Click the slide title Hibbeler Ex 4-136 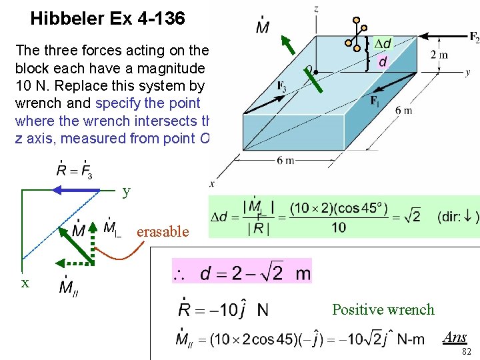pyautogui.click(x=107, y=19)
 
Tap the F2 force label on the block pyautogui.click(x=473, y=37)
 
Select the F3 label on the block pyautogui.click(x=282, y=85)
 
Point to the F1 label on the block pyautogui.click(x=375, y=101)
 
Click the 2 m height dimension pyautogui.click(x=439, y=55)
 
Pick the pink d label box pyautogui.click(x=383, y=62)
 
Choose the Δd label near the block pyautogui.click(x=382, y=44)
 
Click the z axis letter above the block pyautogui.click(x=315, y=8)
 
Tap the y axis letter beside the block pyautogui.click(x=467, y=72)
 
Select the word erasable pyautogui.click(x=163, y=231)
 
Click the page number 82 pyautogui.click(x=467, y=351)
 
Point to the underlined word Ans pyautogui.click(x=455, y=337)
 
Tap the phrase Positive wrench pyautogui.click(x=383, y=309)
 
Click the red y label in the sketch pyautogui.click(x=126, y=192)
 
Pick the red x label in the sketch pyautogui.click(x=25, y=283)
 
